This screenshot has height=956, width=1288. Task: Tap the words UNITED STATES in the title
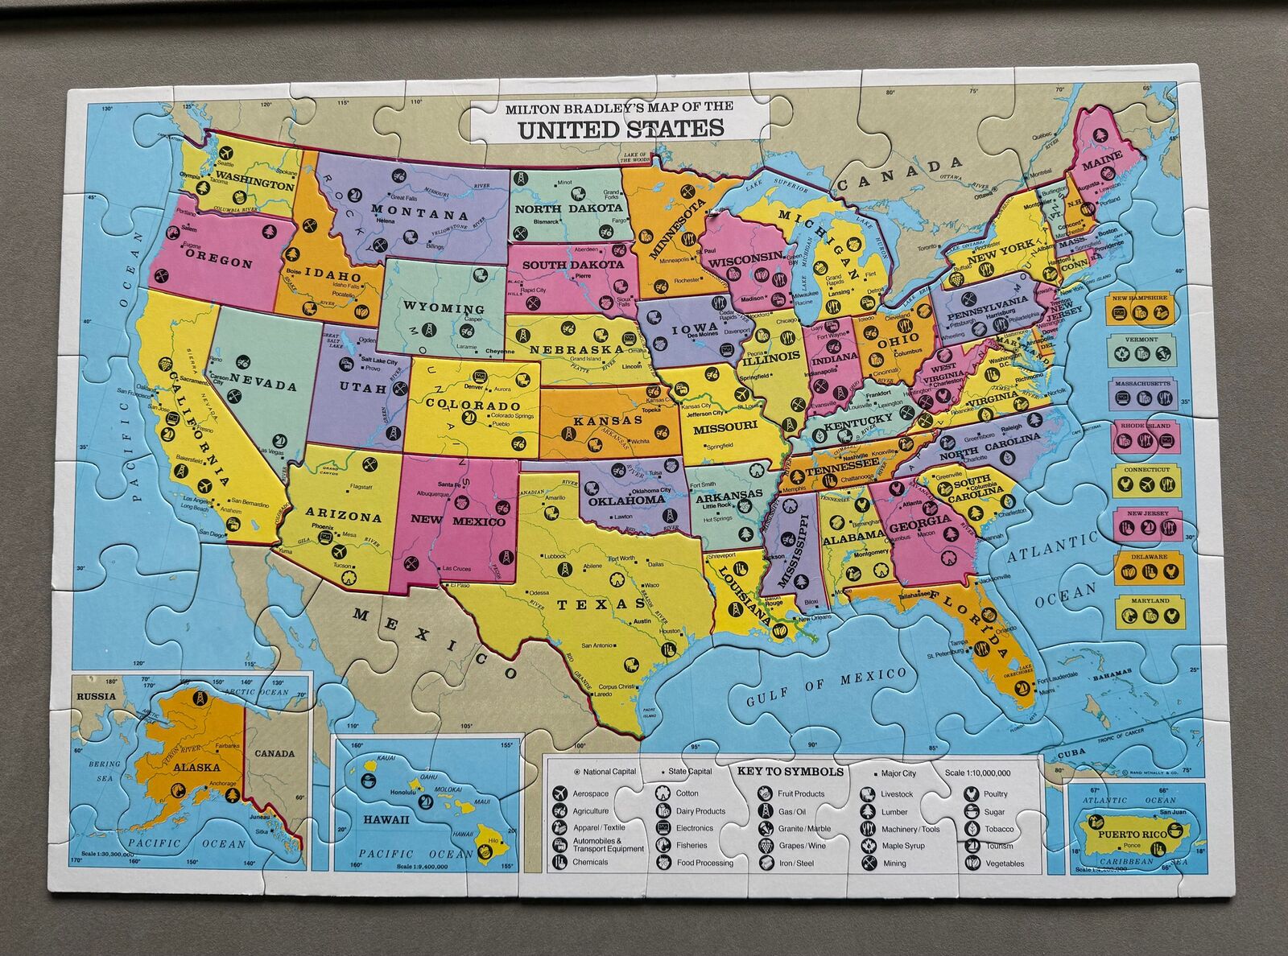point(620,128)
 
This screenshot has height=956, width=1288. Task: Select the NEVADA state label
point(263,384)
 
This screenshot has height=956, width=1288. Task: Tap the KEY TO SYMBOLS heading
point(791,771)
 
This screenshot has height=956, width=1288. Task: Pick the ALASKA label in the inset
point(191,766)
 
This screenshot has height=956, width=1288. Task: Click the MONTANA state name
point(419,214)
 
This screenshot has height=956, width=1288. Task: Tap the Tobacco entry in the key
point(999,829)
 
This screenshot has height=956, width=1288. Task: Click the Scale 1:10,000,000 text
point(978,773)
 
